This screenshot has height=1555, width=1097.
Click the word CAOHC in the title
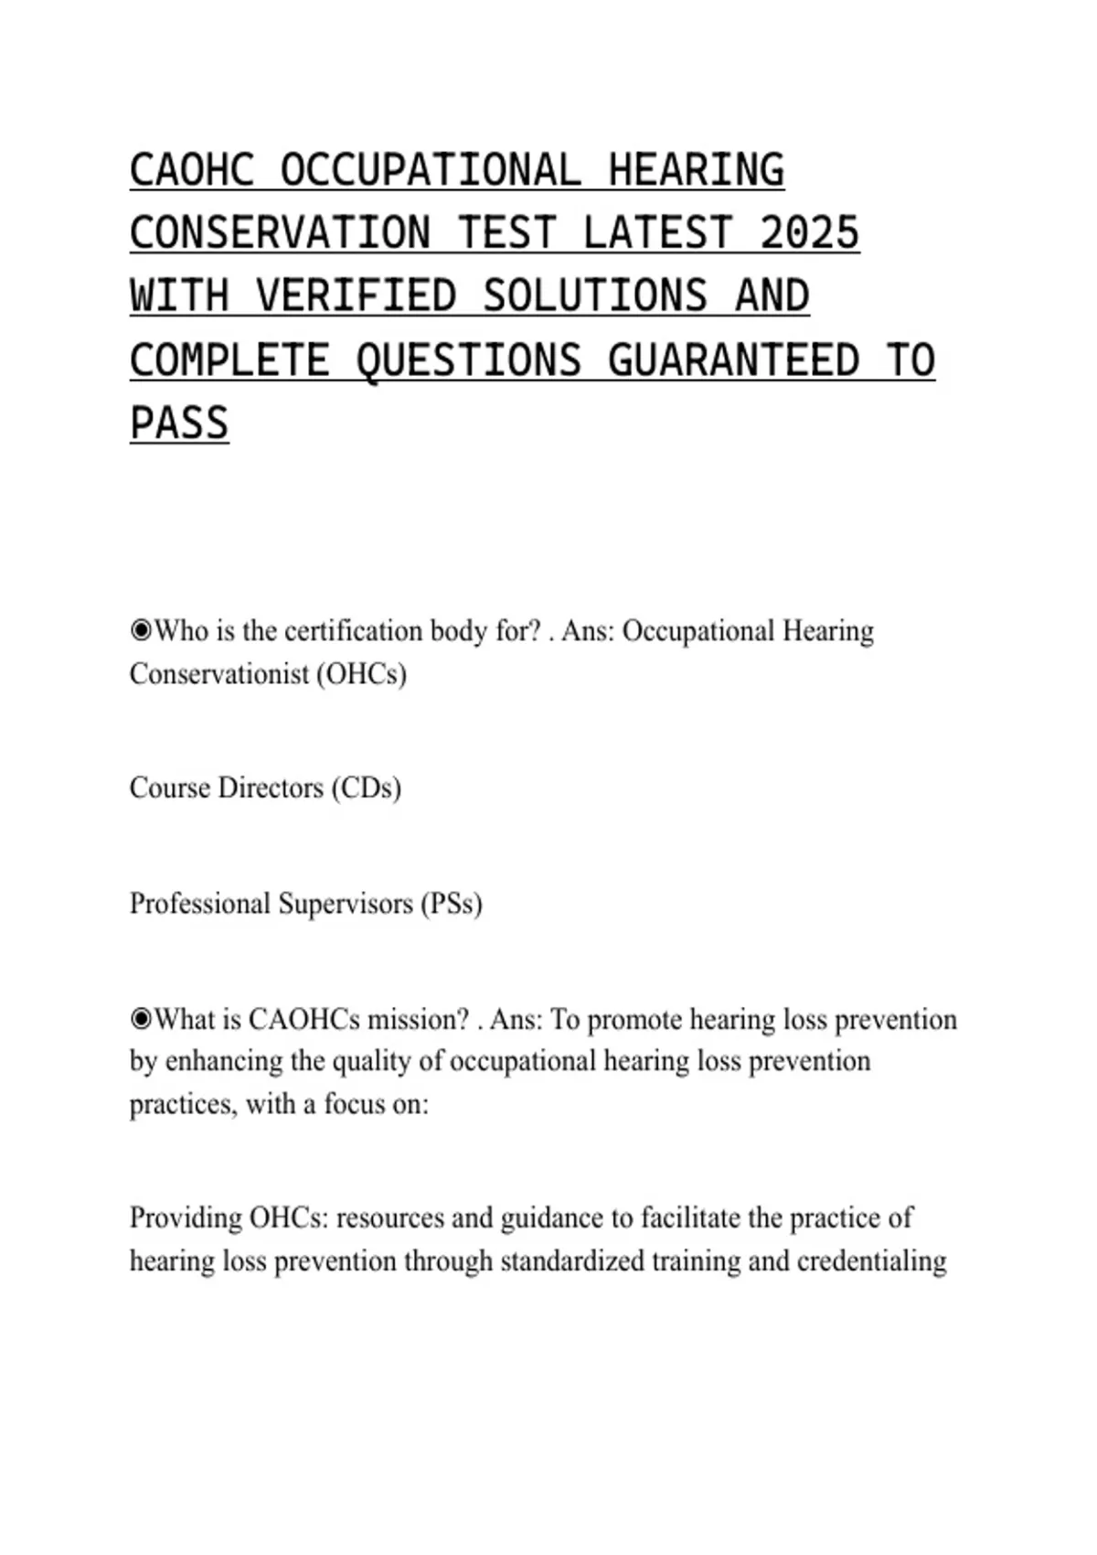pyautogui.click(x=192, y=171)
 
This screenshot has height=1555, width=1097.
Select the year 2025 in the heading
pyautogui.click(x=809, y=234)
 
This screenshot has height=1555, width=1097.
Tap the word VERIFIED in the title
pyautogui.click(x=356, y=297)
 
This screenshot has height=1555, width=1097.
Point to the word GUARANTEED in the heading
pyautogui.click(x=733, y=360)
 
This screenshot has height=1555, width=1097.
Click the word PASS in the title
pyautogui.click(x=179, y=424)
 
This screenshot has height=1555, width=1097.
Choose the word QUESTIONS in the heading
pyautogui.click(x=468, y=360)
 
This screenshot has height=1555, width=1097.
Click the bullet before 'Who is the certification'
pyautogui.click(x=141, y=630)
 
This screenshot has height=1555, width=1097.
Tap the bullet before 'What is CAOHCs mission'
pyautogui.click(x=141, y=1019)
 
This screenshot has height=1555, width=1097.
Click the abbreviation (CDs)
pyautogui.click(x=366, y=788)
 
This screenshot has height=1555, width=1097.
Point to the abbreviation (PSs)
pyautogui.click(x=451, y=904)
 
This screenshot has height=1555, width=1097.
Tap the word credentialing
pyautogui.click(x=871, y=1261)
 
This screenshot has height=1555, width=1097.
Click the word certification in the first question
pyautogui.click(x=360, y=630)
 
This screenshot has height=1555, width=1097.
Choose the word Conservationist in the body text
pyautogui.click(x=218, y=674)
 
